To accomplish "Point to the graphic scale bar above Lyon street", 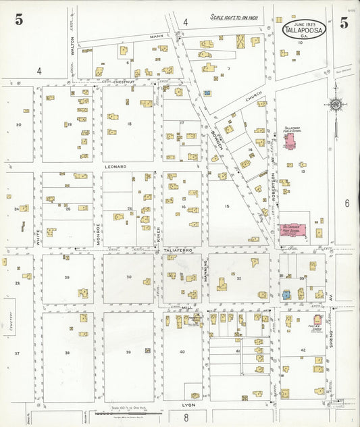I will point(128,412).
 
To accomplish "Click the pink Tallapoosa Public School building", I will point(290,141).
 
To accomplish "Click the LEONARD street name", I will point(115,166).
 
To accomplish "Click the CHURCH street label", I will point(253,99).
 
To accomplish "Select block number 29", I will point(67,278).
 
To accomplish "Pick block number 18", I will point(128,124).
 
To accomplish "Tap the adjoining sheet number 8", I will point(186,417).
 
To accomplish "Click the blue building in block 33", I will point(286,294).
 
